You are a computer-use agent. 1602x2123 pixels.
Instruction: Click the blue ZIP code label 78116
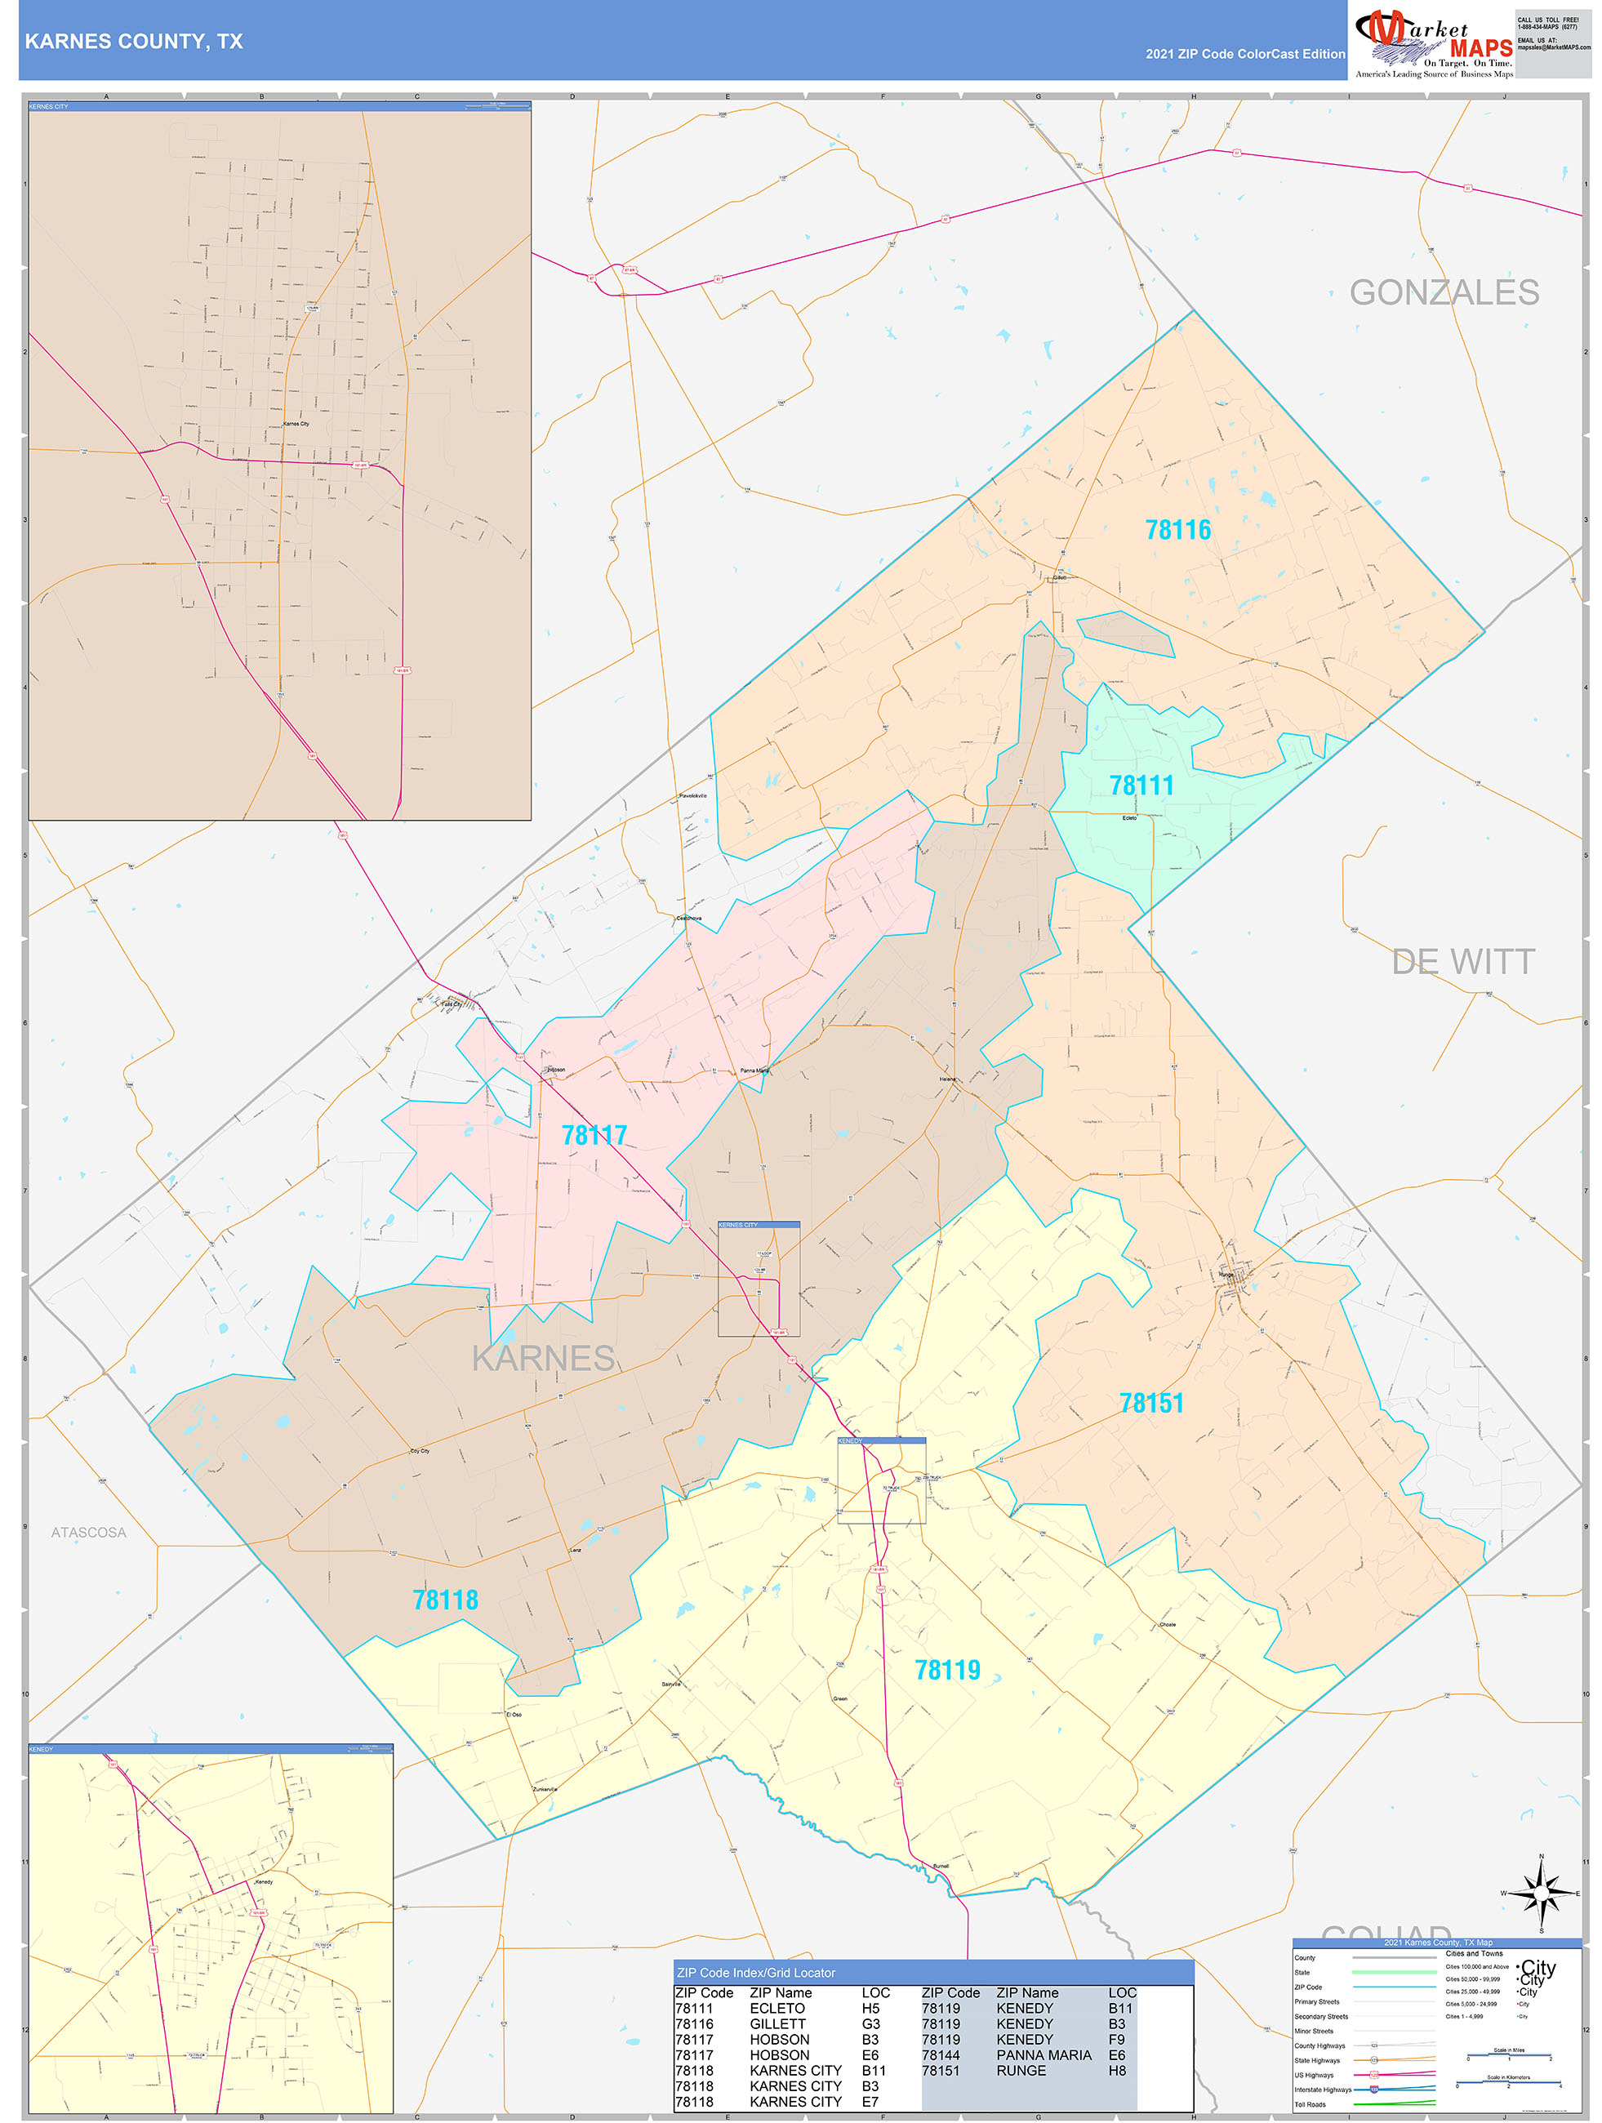click(x=1177, y=530)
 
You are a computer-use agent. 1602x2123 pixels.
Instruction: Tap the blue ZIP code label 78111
click(x=1141, y=785)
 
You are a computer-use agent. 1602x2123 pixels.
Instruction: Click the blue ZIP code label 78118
click(x=444, y=1600)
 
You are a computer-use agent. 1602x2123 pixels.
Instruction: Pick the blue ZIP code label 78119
click(x=946, y=1670)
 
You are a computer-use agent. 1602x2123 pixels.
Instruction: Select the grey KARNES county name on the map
click(x=543, y=1358)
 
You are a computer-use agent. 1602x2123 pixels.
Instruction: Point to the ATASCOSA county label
click(x=88, y=1533)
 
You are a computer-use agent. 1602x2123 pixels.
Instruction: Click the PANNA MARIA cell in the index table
click(x=1044, y=2055)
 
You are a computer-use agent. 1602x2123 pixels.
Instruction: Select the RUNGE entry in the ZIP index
click(x=1021, y=2070)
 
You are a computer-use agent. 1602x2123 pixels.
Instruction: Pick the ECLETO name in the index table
click(x=777, y=2008)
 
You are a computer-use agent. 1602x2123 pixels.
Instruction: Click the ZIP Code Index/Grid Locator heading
click(x=755, y=1972)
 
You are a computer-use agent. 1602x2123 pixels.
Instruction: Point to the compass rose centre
click(x=1541, y=1894)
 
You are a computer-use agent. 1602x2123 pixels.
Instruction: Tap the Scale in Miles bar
click(x=1508, y=2055)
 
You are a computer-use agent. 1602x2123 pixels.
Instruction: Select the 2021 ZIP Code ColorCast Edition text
click(x=1244, y=54)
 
